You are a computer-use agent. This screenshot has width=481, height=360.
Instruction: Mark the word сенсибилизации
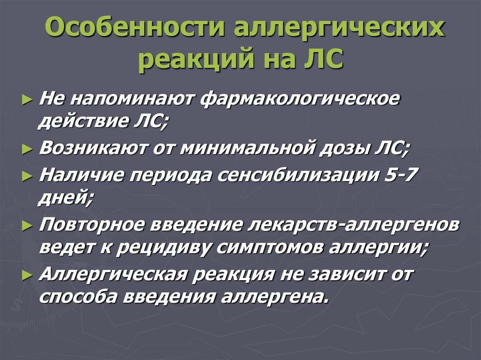pyautogui.click(x=296, y=175)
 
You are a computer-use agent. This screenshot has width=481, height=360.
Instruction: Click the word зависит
pyautogui.click(x=349, y=274)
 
